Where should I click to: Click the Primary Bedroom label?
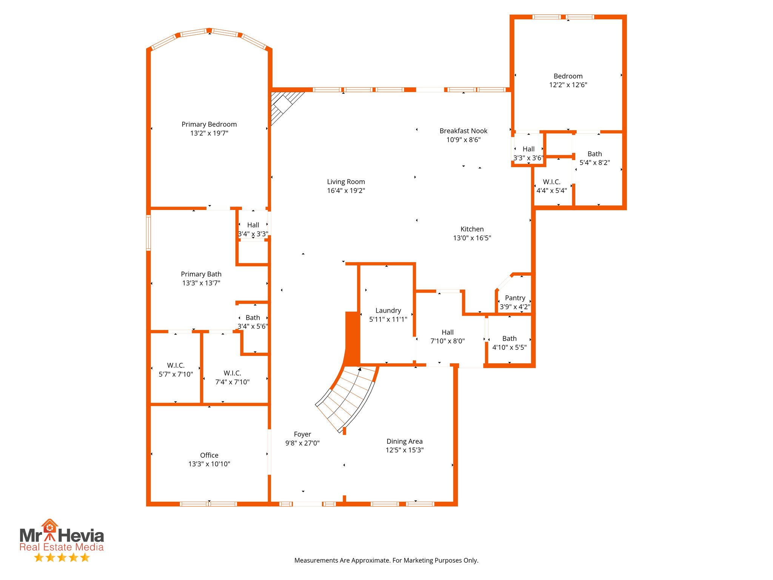209,124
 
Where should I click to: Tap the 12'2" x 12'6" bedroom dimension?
568,85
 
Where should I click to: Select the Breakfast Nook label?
463,131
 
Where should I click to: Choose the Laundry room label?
388,310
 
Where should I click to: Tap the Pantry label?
515,298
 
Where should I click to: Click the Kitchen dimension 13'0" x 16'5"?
472,238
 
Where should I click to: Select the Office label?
209,455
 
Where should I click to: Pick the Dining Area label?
404,441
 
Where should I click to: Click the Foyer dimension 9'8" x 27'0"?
302,443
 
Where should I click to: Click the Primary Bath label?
201,274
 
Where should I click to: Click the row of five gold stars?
62,557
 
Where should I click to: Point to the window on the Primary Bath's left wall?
148,233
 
